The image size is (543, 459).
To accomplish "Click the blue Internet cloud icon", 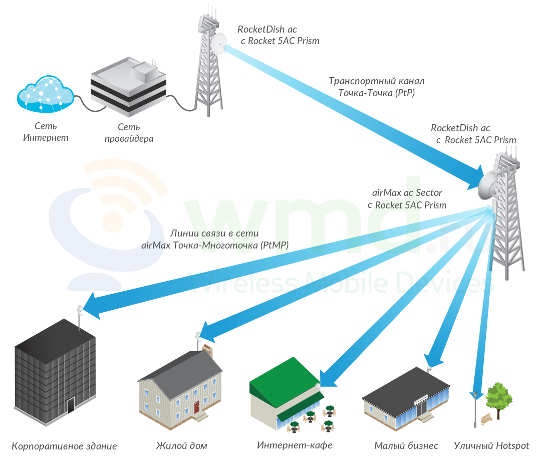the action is click(x=46, y=94).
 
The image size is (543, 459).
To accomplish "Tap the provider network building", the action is click(x=128, y=87).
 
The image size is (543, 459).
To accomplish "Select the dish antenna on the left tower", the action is click(x=219, y=44).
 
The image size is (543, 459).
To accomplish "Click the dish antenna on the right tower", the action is click(x=488, y=185).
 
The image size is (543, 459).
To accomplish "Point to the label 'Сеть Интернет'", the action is click(x=46, y=132).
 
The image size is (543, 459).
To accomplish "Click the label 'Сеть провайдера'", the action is click(x=129, y=133).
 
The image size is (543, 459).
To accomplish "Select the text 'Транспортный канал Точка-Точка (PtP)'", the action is click(x=376, y=87).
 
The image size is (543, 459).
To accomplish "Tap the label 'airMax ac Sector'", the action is click(x=407, y=192).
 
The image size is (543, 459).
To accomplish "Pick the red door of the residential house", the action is click(x=196, y=407).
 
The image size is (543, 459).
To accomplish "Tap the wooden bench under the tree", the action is click(x=486, y=419).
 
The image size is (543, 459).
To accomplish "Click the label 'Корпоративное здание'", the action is click(x=64, y=446).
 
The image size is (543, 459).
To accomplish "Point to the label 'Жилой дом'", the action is click(x=181, y=445).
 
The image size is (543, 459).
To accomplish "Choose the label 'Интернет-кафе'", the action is click(x=295, y=445).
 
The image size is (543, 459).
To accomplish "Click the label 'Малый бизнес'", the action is click(x=406, y=445).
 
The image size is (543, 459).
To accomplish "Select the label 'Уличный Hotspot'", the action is click(x=491, y=445).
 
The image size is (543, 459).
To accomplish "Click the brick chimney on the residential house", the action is click(x=207, y=350).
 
